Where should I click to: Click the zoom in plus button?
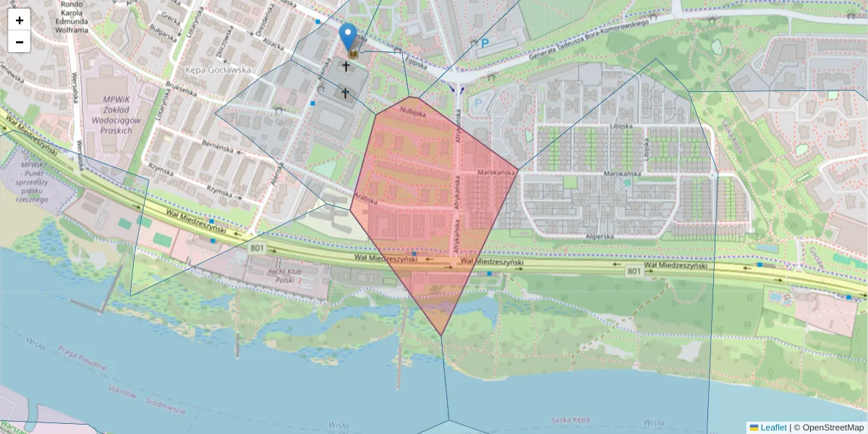19,20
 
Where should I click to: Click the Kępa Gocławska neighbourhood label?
218,70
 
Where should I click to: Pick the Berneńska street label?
218,147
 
